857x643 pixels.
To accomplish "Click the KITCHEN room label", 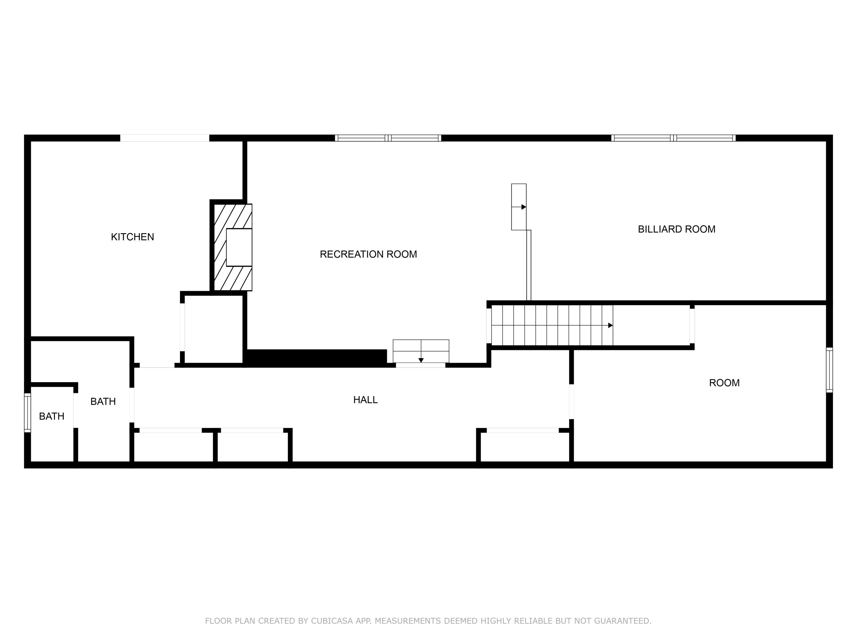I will (133, 237).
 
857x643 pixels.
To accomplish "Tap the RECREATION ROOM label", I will (368, 254).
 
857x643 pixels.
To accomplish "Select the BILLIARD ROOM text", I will (676, 229).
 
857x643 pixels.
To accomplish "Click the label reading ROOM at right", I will (724, 383).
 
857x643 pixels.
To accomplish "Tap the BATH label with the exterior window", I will (51, 416).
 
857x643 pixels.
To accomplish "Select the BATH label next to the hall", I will (103, 402).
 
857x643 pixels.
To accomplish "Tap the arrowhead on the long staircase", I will (610, 325).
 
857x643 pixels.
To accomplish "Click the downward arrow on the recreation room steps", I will (421, 360).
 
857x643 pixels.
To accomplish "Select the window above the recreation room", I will (388, 138).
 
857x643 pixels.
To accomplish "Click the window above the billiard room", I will (673, 138).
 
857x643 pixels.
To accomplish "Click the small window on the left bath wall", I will (27, 412).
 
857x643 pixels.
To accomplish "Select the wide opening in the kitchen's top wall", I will (165, 138).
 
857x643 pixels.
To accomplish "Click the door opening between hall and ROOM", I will (571, 402).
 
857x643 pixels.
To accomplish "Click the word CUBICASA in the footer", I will (332, 621).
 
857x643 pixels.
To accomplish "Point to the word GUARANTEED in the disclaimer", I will (622, 621).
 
